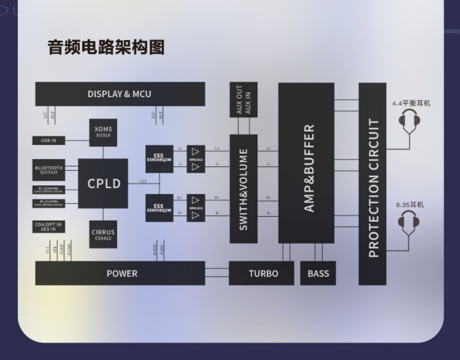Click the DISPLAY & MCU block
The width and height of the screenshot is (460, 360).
(120, 94)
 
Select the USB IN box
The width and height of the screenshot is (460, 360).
(49, 141)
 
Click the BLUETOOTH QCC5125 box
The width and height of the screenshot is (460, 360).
(49, 170)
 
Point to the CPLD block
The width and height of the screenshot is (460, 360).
(103, 184)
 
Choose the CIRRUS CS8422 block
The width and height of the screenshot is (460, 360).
(103, 234)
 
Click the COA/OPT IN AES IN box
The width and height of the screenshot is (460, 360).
(49, 227)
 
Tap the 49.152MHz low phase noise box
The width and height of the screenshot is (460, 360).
(49, 203)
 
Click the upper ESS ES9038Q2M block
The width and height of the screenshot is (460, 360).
(159, 159)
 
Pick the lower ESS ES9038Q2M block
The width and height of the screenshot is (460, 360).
(159, 208)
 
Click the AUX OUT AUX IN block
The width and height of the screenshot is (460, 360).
(243, 99)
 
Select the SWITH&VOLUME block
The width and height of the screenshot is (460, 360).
(243, 189)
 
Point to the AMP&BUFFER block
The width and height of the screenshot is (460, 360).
(306, 163)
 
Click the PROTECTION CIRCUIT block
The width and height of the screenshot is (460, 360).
(372, 184)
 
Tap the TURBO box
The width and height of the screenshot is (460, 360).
(261, 273)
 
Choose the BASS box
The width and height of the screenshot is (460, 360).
(318, 273)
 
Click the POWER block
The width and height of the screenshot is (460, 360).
(120, 273)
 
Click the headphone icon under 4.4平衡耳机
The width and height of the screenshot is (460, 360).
(409, 120)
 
